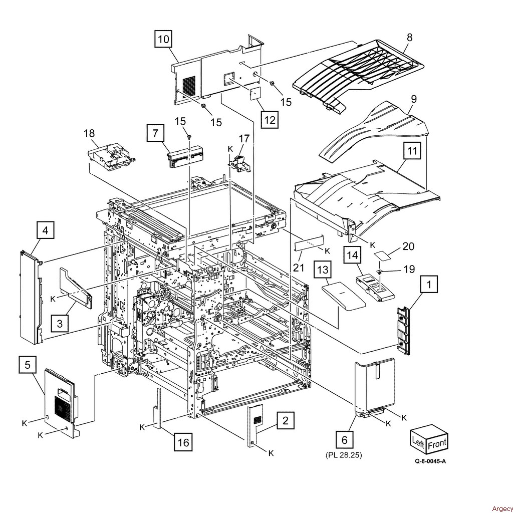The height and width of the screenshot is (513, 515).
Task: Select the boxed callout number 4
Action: point(45,231)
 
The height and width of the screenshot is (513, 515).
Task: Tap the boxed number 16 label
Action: point(183,442)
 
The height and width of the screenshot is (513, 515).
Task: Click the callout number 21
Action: point(299,268)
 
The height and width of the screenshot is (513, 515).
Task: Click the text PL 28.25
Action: point(344,455)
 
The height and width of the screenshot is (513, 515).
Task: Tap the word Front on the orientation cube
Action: point(437,443)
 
